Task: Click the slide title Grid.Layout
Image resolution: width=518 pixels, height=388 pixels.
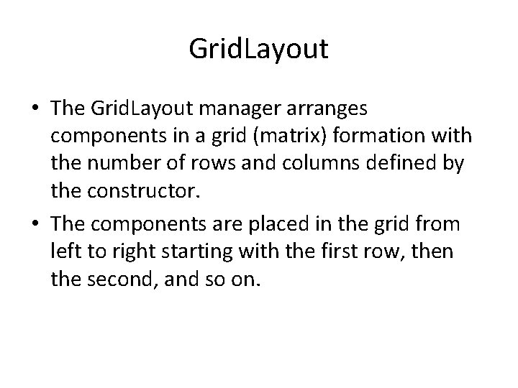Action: tap(258, 49)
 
